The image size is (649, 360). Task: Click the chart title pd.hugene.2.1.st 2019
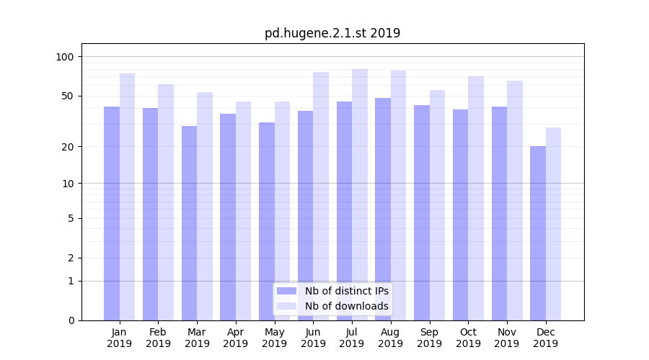332,33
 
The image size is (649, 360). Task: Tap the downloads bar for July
359,194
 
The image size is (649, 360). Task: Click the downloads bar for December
553,223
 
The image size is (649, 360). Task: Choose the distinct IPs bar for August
383,209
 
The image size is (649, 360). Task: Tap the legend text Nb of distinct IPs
346,291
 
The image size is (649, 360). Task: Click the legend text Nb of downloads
346,306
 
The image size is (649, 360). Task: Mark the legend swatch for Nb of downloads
286,306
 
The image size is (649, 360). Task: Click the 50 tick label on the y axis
67,96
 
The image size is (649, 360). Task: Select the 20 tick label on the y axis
67,147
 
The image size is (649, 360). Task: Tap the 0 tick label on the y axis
71,320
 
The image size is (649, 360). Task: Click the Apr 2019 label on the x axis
236,338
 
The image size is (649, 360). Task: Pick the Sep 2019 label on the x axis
429,338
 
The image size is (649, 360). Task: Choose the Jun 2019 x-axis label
313,338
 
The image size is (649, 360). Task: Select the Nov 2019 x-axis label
507,338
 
